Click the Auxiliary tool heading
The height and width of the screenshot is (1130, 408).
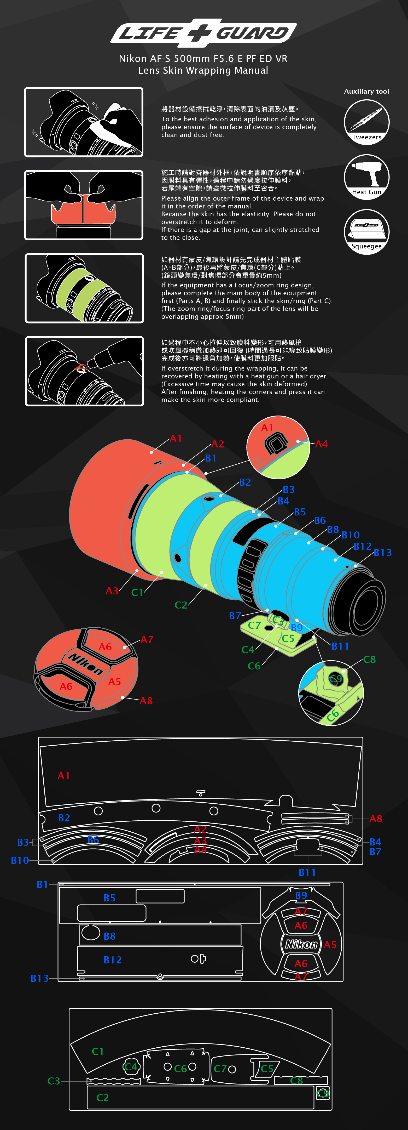366,91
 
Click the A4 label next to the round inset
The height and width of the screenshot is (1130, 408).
321,444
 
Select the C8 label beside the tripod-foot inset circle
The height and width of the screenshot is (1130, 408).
369,659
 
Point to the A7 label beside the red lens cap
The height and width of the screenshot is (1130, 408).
147,640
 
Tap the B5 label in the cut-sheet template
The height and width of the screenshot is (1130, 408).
109,898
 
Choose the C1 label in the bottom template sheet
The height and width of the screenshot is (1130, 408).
98,1052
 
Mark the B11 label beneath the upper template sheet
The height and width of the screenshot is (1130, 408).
307,872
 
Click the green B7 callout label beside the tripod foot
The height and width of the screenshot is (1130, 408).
235,616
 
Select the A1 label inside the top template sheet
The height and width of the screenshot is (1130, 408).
63,776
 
